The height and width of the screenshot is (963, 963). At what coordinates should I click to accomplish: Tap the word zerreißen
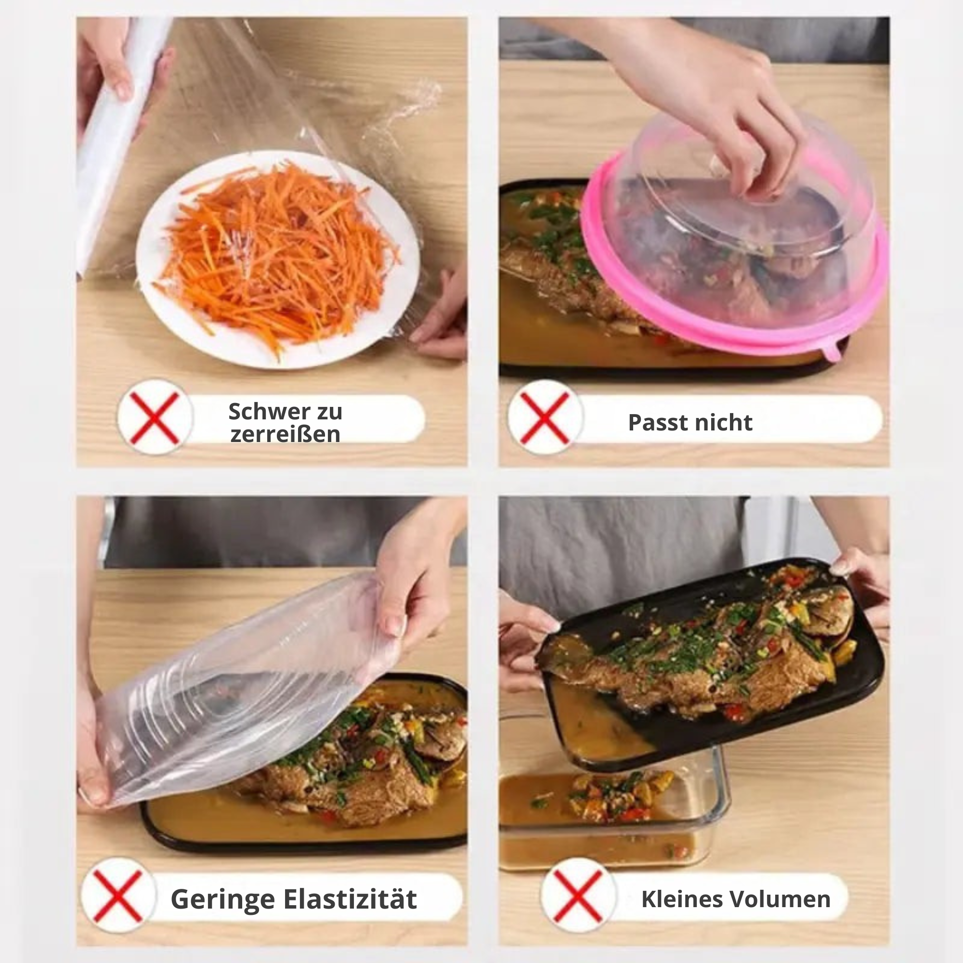click(x=285, y=434)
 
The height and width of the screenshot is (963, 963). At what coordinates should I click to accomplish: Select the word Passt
click(x=656, y=423)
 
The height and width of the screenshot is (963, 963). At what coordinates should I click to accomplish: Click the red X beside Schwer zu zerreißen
click(x=155, y=417)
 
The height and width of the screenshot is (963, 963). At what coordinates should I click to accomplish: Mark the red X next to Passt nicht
click(x=545, y=417)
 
